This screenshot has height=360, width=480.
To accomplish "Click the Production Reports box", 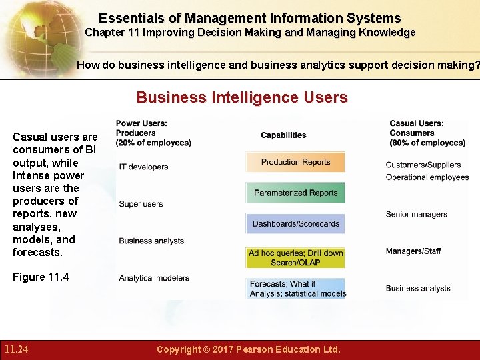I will point(295,162).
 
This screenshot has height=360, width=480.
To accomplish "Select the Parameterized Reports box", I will point(295,193).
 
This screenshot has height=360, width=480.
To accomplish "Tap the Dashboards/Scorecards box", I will point(295,223).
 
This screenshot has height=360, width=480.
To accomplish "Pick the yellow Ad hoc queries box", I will point(295,257).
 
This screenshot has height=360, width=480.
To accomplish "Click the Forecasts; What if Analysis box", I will point(297,288).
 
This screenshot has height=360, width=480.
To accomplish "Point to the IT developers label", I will point(143,167).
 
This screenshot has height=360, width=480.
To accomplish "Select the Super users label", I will point(141,204).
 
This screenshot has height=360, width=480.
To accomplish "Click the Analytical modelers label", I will point(154,278).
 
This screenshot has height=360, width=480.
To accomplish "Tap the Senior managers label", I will point(416,214).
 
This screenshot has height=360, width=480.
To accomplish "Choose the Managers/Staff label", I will point(413,251).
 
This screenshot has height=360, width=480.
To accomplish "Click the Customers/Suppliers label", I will point(423,165).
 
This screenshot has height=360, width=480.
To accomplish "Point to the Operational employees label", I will point(427,177).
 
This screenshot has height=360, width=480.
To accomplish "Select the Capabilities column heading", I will point(283,135).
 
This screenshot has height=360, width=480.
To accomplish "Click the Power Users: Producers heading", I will point(153,133).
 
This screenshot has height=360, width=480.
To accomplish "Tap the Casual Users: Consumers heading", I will point(427,133).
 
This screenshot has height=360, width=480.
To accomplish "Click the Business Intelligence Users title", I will point(242,98).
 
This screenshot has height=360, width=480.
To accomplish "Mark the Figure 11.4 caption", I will point(41,277).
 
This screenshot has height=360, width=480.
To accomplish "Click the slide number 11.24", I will point(16,349).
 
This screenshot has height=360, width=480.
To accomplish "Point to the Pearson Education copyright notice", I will point(248,349).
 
